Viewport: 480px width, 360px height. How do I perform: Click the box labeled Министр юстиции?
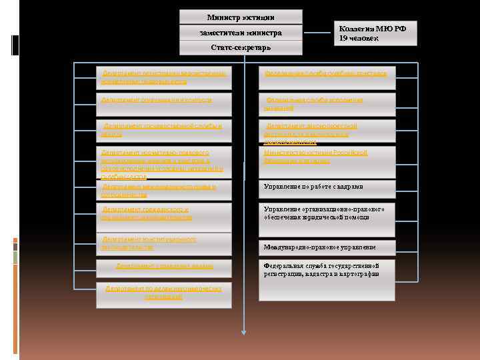(x=241, y=17)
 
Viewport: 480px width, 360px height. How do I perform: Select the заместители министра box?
(x=241, y=33)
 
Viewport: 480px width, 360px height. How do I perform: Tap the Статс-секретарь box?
(x=241, y=48)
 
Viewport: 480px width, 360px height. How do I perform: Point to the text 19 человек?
(x=359, y=39)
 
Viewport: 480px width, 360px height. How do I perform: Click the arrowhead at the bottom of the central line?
(x=244, y=331)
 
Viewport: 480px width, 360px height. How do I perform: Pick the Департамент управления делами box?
(x=163, y=266)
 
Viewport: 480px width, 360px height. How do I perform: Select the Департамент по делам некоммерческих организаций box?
(x=163, y=293)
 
